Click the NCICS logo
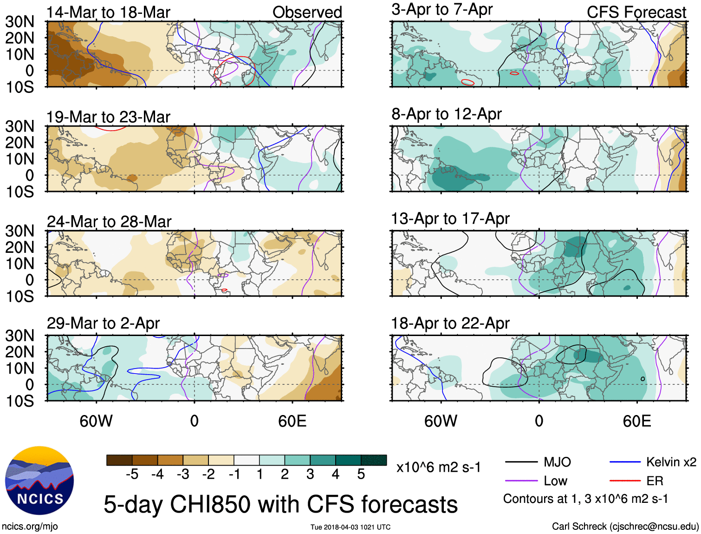pyautogui.click(x=39, y=481)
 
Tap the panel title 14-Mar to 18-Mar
pyautogui.click(x=108, y=13)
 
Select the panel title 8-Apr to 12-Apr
pyautogui.click(x=446, y=114)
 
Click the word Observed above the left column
pyautogui.click(x=307, y=13)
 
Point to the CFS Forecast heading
pyautogui.click(x=636, y=13)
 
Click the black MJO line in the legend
pyautogui.click(x=521, y=462)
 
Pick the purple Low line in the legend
pyautogui.click(x=521, y=481)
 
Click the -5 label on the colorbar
pyautogui.click(x=132, y=474)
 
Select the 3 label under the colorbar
pyautogui.click(x=310, y=474)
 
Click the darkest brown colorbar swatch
pyautogui.click(x=119, y=460)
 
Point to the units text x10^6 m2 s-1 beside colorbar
pyautogui.click(x=438, y=467)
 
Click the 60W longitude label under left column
pyautogui.click(x=96, y=421)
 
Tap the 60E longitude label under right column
pyautogui.click(x=636, y=421)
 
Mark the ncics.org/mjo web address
pyautogui.click(x=30, y=526)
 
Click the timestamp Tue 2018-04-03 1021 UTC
pyautogui.click(x=350, y=527)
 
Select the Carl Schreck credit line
pyautogui.click(x=625, y=526)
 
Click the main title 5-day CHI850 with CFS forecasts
pyautogui.click(x=280, y=504)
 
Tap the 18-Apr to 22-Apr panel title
pyautogui.click(x=450, y=323)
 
